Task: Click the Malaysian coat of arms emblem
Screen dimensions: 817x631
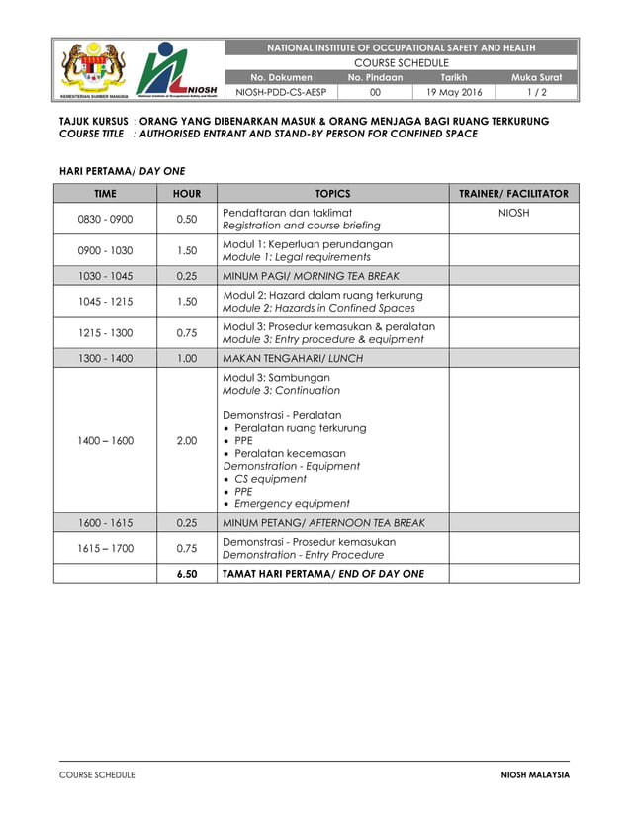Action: click(x=94, y=68)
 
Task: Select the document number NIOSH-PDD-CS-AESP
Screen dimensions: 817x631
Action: click(x=281, y=92)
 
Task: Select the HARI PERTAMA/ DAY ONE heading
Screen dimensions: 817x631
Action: click(x=123, y=170)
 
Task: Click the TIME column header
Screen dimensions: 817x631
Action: click(x=105, y=194)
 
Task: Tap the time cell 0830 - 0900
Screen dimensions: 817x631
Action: click(x=105, y=220)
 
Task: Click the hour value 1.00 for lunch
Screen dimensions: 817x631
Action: click(x=186, y=358)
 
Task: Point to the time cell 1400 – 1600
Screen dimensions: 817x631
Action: click(x=105, y=441)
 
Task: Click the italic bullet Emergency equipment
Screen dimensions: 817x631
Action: click(x=292, y=503)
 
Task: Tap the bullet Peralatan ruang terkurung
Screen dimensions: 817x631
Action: click(x=300, y=428)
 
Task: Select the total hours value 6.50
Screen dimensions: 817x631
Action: click(x=186, y=574)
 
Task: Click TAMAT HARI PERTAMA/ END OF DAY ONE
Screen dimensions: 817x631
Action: click(x=323, y=574)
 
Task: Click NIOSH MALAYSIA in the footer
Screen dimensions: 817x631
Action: click(x=535, y=774)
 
